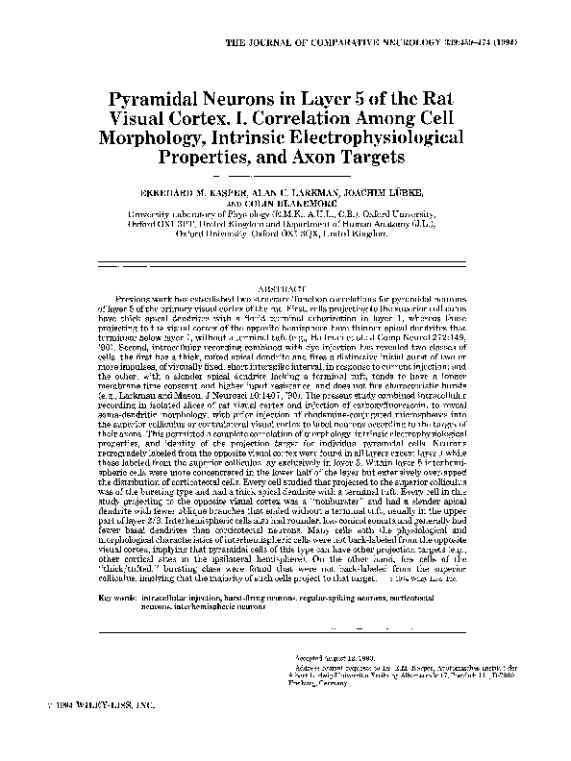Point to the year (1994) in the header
click(522, 45)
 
